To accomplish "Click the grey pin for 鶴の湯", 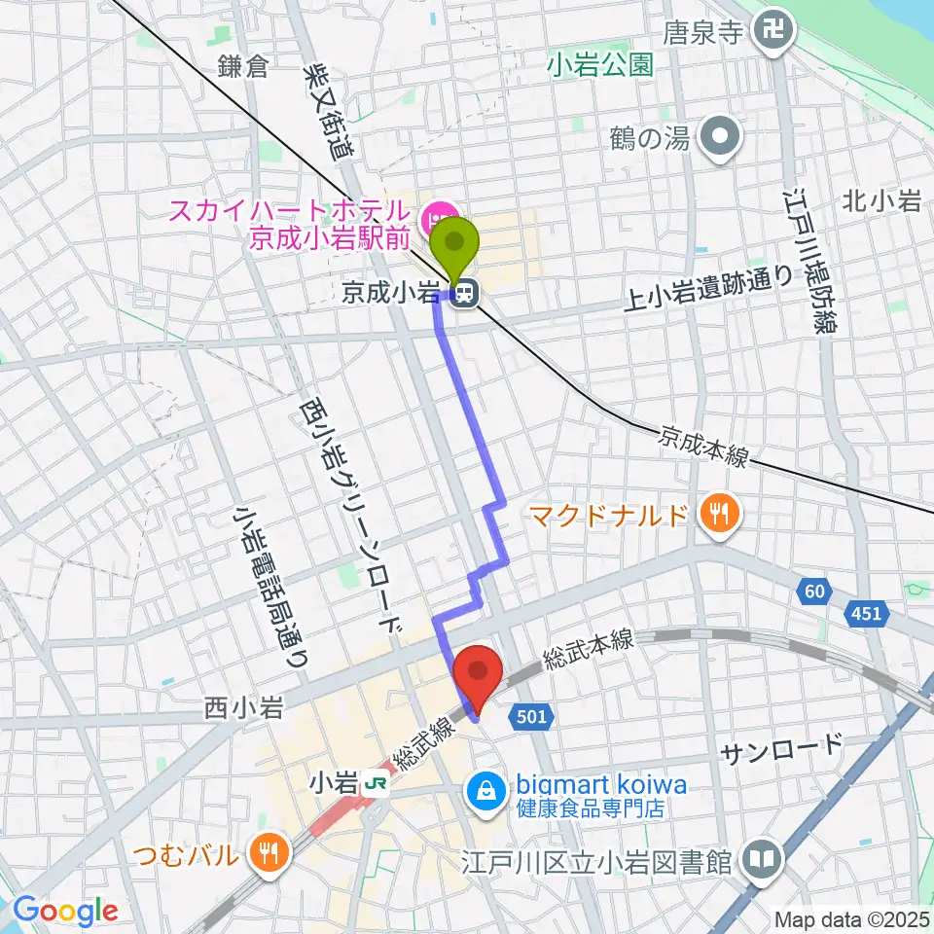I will pyautogui.click(x=721, y=138).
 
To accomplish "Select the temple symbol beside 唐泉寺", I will pyautogui.click(x=776, y=33).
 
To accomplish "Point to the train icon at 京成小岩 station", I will pyautogui.click(x=467, y=291).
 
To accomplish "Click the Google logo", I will pyautogui.click(x=66, y=911).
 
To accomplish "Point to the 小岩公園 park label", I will pyautogui.click(x=598, y=65).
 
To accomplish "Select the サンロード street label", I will pyautogui.click(x=781, y=748).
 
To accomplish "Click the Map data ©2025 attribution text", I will pyautogui.click(x=851, y=919).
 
